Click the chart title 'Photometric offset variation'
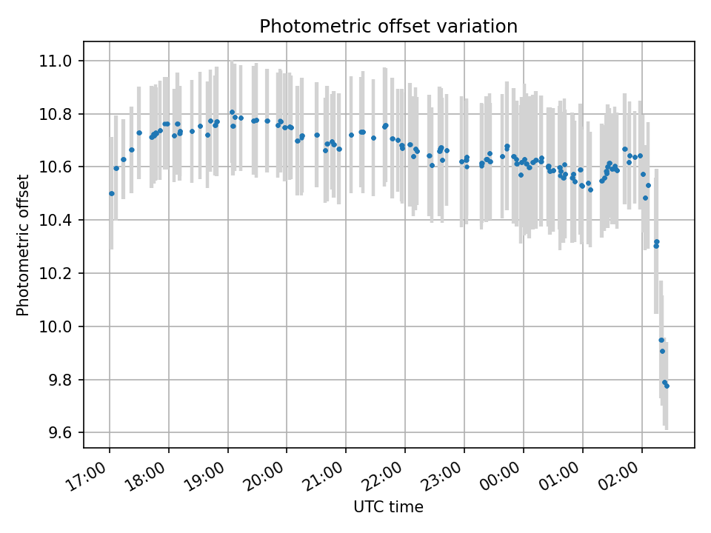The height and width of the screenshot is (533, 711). pos(388,27)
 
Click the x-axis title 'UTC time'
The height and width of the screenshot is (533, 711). pos(388,507)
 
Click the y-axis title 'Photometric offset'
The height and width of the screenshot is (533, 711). pos(23,245)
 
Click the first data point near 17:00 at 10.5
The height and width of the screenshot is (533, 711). pos(112,193)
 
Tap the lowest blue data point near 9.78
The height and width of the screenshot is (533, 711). pos(667,386)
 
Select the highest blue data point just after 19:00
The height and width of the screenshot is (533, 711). pos(232,113)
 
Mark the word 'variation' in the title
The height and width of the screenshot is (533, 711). pos(483,27)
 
